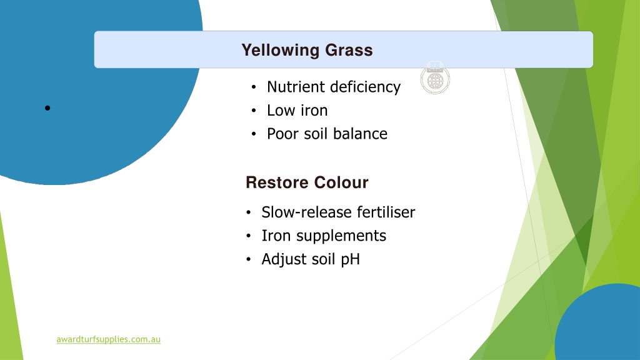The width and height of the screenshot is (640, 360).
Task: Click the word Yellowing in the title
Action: pos(281,51)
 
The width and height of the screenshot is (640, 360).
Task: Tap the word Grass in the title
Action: pos(349,50)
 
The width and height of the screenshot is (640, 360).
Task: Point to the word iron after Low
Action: pos(314,111)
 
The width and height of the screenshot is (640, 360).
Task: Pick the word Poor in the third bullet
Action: pos(282,134)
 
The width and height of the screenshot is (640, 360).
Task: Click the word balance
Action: pos(360,134)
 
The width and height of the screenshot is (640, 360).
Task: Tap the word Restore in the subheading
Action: pos(276,182)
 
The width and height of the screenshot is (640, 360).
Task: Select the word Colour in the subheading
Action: pos(341,182)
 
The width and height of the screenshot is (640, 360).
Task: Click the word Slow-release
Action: pos(306,212)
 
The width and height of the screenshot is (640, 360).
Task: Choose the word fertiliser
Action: pos(386,212)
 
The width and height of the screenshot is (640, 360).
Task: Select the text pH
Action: pos(350,260)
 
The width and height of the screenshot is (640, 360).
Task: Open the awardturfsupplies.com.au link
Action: pos(108,339)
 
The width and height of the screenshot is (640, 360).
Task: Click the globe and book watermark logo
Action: pos(435,78)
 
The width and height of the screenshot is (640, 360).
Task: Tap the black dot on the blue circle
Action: pos(47,108)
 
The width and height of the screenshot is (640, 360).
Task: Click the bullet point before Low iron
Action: pos(254,111)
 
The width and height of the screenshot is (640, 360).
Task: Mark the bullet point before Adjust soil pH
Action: pos(249,259)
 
